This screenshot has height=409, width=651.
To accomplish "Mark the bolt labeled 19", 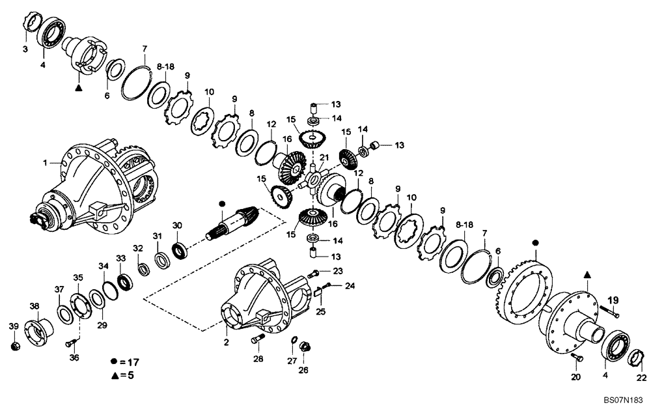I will tap(614, 315).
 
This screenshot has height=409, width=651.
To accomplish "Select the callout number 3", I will tap(25, 49).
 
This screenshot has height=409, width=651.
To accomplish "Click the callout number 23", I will tap(338, 271).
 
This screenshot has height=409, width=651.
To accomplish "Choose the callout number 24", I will tap(350, 285).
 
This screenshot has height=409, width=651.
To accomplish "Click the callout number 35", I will tap(77, 277).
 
